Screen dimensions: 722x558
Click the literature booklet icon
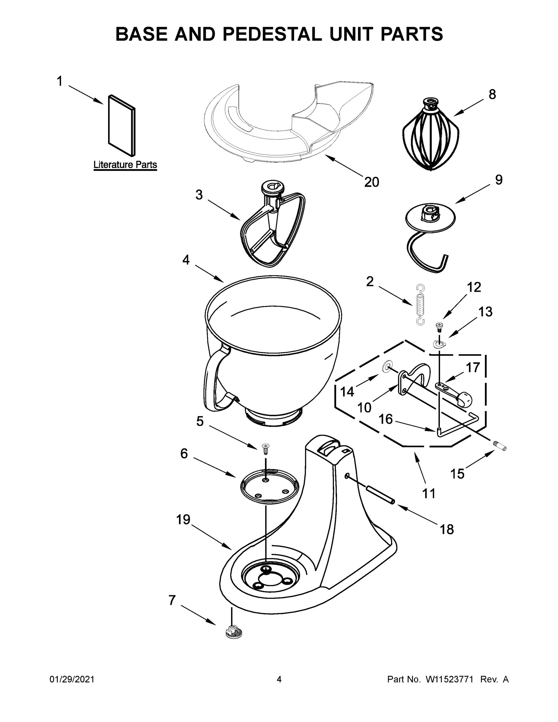122,126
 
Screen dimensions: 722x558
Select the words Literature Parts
125,165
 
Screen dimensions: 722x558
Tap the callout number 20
371,182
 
